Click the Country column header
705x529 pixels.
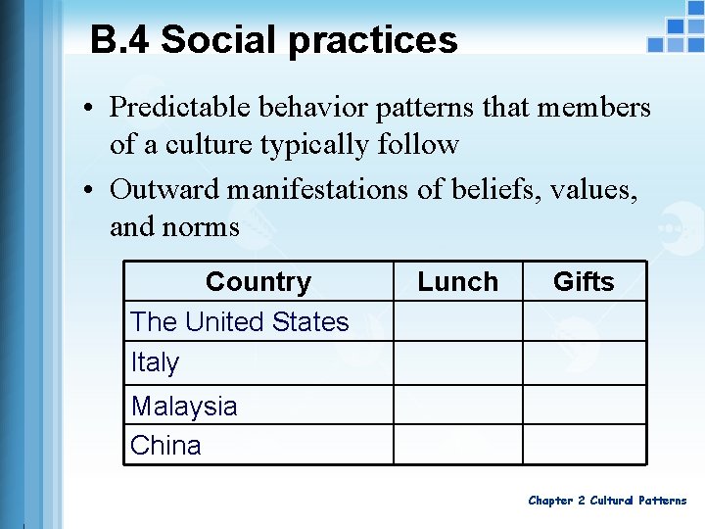pos(258,282)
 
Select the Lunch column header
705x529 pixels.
pos(457,282)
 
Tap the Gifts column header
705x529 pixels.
pos(584,282)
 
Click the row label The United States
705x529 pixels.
pos(240,321)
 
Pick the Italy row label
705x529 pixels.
pos(156,362)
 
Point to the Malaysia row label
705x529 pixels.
pos(184,406)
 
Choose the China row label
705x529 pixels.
pos(165,445)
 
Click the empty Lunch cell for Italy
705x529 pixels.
pos(457,362)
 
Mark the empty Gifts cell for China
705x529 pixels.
pos(584,444)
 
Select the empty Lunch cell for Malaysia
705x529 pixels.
pos(457,404)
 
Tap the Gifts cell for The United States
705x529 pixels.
pos(584,321)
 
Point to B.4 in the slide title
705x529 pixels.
pos(119,40)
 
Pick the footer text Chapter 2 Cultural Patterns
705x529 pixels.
pos(607,501)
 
